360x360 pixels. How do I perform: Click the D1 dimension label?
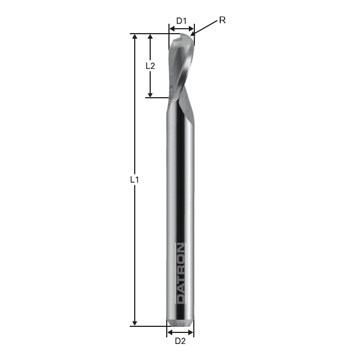[x=181, y=21]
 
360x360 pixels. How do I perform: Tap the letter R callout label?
[x=223, y=20]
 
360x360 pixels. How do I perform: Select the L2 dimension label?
[x=150, y=66]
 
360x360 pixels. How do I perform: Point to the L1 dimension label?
[x=135, y=179]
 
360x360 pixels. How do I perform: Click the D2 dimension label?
[x=180, y=341]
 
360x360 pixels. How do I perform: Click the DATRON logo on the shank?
[x=181, y=273]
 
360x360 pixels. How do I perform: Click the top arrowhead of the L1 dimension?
[x=135, y=37]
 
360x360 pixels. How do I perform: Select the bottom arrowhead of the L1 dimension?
[x=135, y=323]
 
